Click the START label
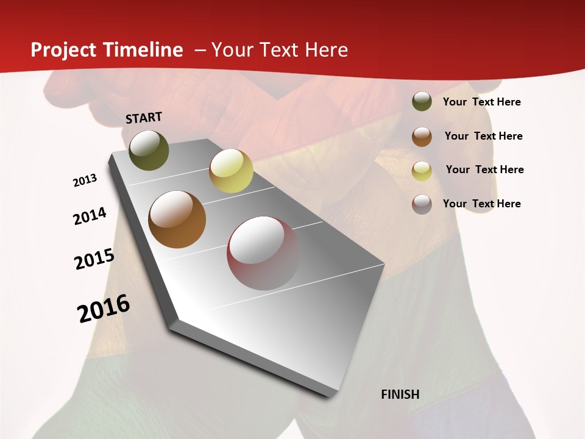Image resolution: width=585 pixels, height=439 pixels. [x=144, y=118]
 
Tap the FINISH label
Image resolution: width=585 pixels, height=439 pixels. [x=400, y=394]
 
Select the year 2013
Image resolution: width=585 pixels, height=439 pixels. [x=85, y=180]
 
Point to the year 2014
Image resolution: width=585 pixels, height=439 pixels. [x=90, y=216]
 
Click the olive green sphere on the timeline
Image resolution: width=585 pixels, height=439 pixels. [x=149, y=150]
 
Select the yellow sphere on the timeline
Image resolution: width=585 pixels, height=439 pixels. [x=231, y=171]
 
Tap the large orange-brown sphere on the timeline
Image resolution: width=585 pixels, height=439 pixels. [x=177, y=220]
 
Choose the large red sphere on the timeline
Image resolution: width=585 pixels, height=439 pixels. [x=263, y=253]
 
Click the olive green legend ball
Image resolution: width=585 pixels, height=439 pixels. [x=422, y=101]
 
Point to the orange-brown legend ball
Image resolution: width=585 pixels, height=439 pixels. [x=422, y=136]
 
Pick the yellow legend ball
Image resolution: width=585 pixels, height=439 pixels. [x=422, y=170]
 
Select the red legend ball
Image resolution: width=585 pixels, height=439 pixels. [x=422, y=204]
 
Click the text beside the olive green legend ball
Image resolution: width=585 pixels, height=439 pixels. [x=481, y=102]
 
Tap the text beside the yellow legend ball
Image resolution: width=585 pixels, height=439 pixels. [x=484, y=170]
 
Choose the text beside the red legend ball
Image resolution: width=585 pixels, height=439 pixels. [x=481, y=204]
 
